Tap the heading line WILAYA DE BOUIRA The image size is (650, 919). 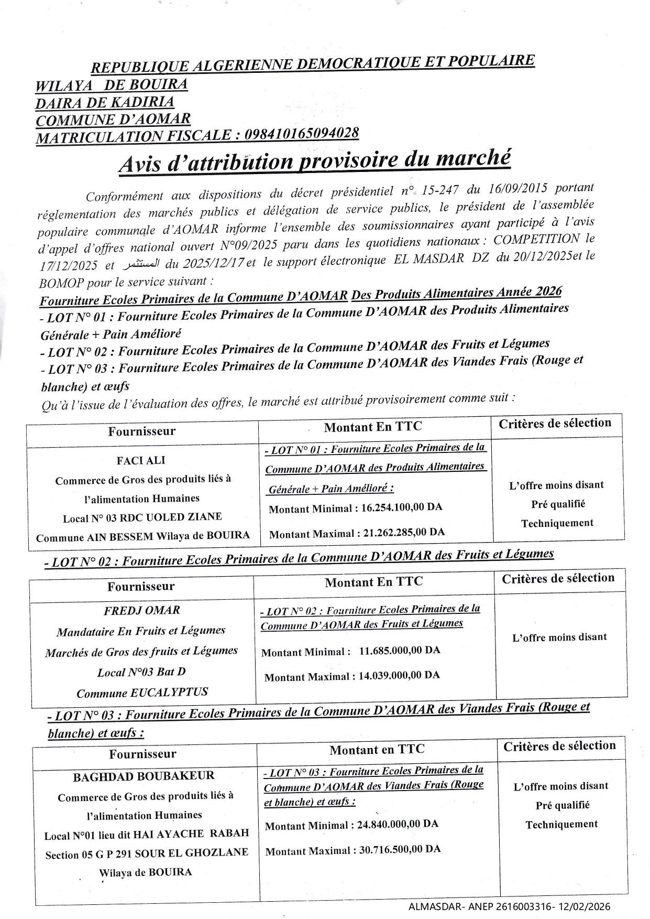[x=111, y=85]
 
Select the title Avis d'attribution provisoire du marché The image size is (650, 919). [x=314, y=160]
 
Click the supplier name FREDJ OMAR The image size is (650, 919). [x=142, y=610]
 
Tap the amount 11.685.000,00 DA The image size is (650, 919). [x=399, y=650]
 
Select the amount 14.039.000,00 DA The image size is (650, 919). [x=399, y=675]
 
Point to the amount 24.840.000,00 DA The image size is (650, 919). [x=398, y=824]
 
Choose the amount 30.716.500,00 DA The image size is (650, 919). [x=400, y=849]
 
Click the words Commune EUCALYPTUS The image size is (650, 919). [x=142, y=693]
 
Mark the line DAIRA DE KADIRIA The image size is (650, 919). [x=105, y=102]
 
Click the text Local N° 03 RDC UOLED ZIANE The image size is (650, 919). [x=142, y=518]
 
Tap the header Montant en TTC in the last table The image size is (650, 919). [x=377, y=750]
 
